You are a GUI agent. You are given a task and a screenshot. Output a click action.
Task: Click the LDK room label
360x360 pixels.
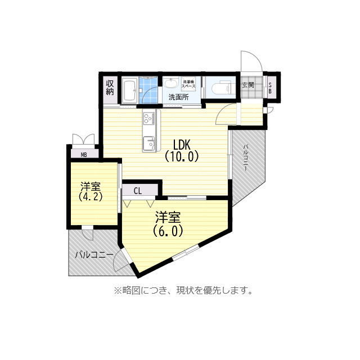(x=182, y=143)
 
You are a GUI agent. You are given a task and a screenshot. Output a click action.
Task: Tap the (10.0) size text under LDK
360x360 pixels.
(x=182, y=157)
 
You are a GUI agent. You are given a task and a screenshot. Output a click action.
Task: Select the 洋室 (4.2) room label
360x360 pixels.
(x=90, y=191)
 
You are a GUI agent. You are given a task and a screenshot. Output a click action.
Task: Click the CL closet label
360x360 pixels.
(x=138, y=190)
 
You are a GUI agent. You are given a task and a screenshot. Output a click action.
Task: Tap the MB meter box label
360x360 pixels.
(x=84, y=154)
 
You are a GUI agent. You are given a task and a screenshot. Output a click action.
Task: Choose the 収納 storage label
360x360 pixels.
(x=110, y=87)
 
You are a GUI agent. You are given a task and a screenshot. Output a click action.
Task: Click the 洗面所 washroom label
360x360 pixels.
(x=178, y=97)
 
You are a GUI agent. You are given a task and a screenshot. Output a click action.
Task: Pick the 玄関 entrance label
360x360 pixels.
(x=248, y=85)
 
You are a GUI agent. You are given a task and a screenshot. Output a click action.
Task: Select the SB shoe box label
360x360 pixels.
(x=270, y=87)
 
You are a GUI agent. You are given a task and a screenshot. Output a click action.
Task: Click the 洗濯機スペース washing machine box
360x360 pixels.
(x=188, y=84)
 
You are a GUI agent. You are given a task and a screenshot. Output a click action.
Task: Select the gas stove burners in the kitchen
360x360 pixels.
(x=149, y=118)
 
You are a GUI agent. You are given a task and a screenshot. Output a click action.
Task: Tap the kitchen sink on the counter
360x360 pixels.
(x=149, y=143)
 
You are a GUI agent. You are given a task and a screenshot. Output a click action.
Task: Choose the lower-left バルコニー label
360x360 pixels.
(x=94, y=255)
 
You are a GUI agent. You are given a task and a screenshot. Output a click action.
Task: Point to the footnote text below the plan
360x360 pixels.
(x=183, y=291)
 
